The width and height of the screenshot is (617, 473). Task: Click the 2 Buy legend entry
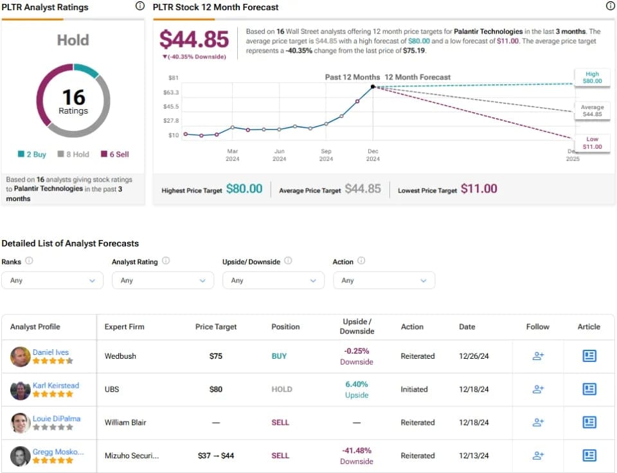click(32, 155)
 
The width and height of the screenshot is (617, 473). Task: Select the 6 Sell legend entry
click(115, 155)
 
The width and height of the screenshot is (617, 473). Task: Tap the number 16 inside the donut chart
click(73, 97)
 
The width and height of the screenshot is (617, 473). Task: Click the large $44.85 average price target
click(194, 39)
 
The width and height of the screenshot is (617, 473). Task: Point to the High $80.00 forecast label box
click(592, 78)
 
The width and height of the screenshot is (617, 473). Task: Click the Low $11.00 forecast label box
click(592, 143)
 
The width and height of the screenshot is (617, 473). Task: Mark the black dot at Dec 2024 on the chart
click(373, 87)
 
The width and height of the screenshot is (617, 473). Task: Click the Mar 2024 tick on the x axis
click(233, 155)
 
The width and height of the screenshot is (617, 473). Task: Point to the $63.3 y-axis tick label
click(171, 92)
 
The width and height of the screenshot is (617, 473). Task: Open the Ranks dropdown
click(52, 280)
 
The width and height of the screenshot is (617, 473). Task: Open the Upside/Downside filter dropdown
click(274, 280)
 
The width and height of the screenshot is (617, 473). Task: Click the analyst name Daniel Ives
click(51, 352)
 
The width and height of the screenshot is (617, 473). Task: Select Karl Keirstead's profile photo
click(21, 390)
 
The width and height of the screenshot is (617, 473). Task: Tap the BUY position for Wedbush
click(279, 356)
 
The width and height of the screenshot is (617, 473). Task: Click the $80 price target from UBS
click(216, 390)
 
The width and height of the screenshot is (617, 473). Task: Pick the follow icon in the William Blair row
click(538, 422)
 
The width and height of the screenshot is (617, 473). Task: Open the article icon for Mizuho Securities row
click(589, 455)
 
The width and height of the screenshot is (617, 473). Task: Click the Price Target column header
click(216, 327)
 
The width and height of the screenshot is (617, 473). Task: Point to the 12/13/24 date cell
click(474, 456)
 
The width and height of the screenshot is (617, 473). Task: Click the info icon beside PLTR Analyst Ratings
click(139, 6)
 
